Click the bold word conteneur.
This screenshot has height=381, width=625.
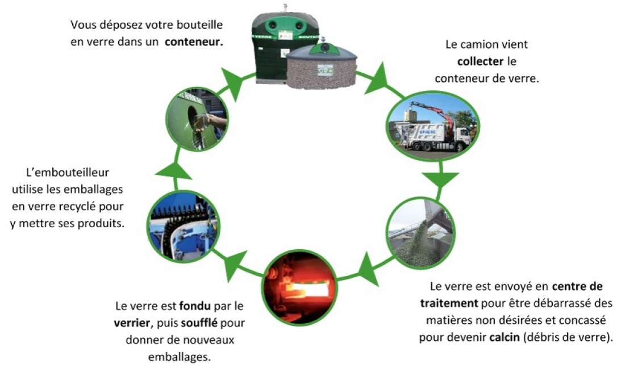[194, 42]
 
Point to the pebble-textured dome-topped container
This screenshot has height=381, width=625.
[321, 68]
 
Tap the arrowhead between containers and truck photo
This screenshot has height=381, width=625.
[377, 79]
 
